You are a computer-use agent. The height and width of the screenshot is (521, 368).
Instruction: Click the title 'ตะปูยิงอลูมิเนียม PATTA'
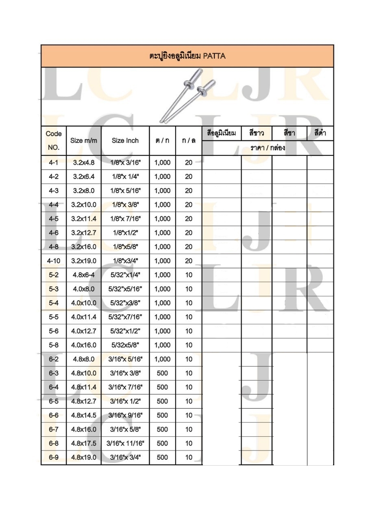coord(187,56)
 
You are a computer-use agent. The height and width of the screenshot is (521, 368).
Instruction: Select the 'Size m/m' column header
coord(84,140)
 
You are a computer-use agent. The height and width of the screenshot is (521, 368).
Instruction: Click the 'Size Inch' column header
coord(125,140)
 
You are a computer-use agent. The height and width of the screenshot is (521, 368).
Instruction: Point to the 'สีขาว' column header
coord(257,133)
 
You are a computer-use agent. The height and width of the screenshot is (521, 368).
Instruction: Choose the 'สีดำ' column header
coord(320,133)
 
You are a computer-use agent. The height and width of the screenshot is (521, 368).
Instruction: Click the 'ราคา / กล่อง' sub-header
coord(268,148)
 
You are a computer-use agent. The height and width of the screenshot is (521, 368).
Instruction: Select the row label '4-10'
coord(54,261)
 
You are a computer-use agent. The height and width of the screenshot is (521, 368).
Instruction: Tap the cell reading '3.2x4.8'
coord(84,162)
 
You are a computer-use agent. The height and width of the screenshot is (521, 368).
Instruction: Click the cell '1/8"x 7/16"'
coord(125,219)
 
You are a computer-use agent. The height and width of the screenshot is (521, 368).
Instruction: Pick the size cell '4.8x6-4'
coord(84,275)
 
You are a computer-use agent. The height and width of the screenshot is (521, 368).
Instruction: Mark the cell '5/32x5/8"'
coord(125,345)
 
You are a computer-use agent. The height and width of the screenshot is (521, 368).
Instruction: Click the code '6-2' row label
coord(54,359)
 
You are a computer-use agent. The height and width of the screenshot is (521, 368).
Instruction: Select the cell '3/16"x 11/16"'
coord(125,443)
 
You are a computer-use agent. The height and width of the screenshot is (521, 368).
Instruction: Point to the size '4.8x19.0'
coord(84,458)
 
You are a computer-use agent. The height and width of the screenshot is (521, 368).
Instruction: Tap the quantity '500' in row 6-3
coord(162,373)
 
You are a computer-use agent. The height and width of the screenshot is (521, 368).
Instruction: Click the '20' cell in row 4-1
coord(189,162)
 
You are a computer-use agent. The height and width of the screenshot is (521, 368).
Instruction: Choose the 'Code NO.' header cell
coord(54,140)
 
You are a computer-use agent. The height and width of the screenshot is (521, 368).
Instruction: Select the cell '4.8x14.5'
coord(84,415)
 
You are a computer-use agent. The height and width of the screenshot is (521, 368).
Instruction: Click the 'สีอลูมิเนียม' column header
coord(222,133)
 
